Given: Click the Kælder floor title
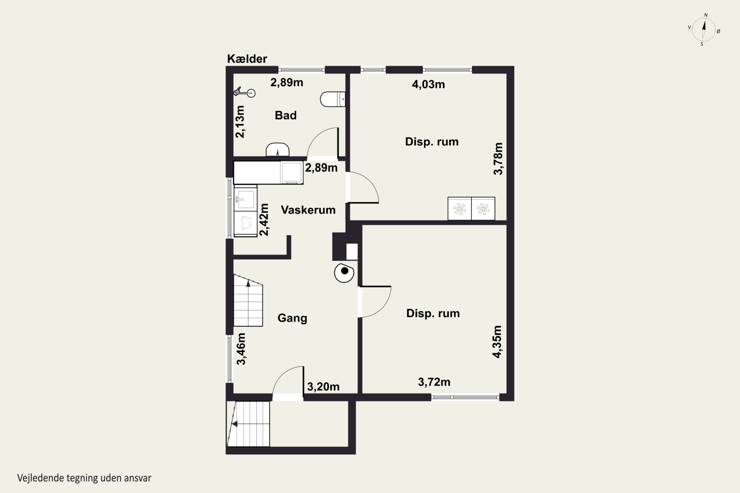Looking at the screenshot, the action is [x=247, y=59].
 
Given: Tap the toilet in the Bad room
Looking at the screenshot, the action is [x=333, y=99].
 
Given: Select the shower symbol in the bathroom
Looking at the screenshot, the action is [x=244, y=92].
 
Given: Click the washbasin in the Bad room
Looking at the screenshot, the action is [x=277, y=149].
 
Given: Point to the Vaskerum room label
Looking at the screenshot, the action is [x=308, y=210].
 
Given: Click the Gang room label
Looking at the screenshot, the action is [x=292, y=318].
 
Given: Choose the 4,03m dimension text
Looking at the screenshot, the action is [x=428, y=84].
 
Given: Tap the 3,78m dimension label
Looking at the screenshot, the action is [x=498, y=158].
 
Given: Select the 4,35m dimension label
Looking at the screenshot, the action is [x=497, y=341].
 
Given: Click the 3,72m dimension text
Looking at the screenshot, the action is [x=434, y=382].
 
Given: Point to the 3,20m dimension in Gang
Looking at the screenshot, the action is [x=323, y=387].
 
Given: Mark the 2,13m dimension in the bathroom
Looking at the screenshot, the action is [x=240, y=122].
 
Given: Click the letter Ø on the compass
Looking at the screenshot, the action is [x=718, y=31].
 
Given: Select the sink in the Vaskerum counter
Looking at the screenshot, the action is [x=245, y=199].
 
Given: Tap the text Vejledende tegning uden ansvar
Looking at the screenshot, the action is [x=84, y=478].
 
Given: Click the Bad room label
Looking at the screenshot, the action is [x=286, y=115].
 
